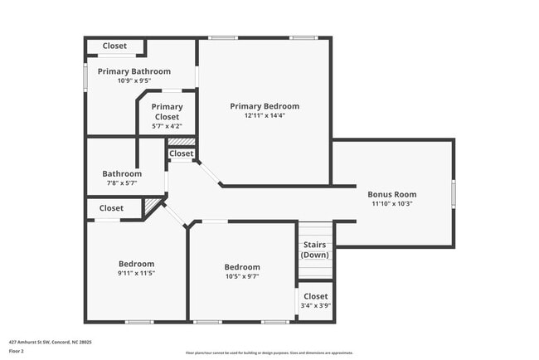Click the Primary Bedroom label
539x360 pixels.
tap(265, 106)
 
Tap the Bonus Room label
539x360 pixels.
tap(392, 194)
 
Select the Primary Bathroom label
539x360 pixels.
tap(134, 71)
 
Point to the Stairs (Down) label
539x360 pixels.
tap(314, 250)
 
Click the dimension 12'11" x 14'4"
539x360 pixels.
tap(265, 116)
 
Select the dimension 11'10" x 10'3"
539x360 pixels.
tap(392, 203)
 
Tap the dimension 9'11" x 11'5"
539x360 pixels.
tap(136, 273)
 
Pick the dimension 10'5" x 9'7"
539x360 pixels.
tap(242, 276)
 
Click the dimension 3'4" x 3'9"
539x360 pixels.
tap(315, 305)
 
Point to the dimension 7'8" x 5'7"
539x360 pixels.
tap(122, 183)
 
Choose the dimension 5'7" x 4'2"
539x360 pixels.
tap(167, 126)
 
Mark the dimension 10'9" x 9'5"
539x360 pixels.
tap(134, 80)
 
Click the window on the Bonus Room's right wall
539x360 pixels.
tap(453, 192)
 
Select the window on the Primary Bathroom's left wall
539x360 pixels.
tap(85, 76)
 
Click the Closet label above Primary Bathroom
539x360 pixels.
tap(114, 46)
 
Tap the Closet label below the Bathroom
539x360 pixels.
tap(111, 208)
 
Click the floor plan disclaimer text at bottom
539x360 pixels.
tap(269, 353)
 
